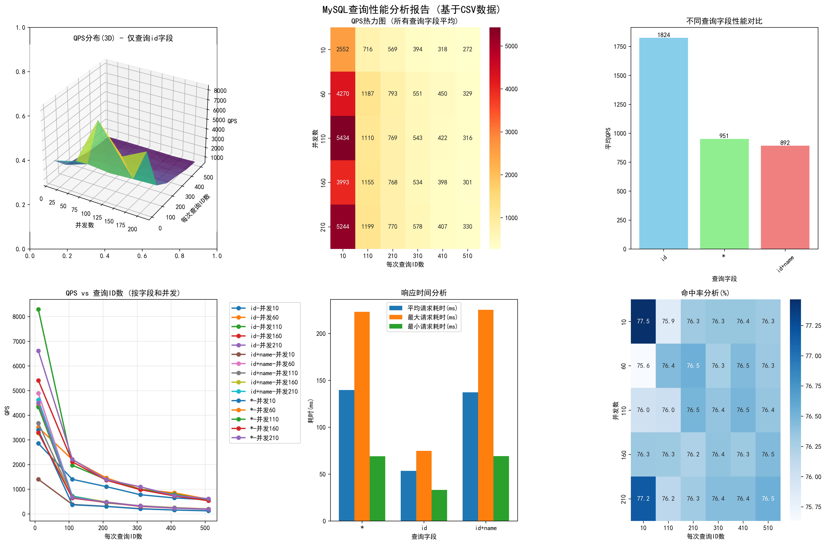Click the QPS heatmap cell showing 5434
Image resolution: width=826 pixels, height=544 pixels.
click(x=343, y=138)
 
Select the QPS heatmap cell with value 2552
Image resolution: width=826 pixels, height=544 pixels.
click(x=343, y=49)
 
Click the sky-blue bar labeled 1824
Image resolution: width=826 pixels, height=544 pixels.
click(x=663, y=143)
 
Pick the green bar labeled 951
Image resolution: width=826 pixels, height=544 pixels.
click(x=724, y=194)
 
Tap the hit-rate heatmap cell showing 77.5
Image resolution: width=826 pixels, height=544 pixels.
click(x=643, y=321)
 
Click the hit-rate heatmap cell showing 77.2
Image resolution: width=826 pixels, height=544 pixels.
click(x=643, y=499)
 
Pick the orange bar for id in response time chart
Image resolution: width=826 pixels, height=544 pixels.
click(x=424, y=486)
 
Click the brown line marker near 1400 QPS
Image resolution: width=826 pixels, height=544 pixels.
click(x=39, y=479)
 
